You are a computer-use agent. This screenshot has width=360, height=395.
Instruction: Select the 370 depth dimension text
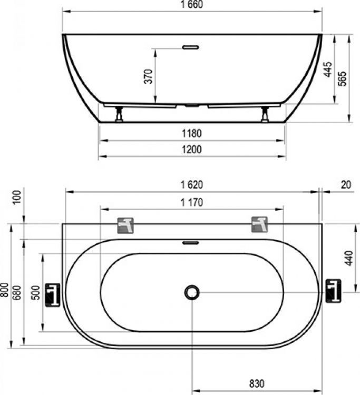click(149, 76)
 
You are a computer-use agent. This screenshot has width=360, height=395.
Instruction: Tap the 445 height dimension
click(327, 70)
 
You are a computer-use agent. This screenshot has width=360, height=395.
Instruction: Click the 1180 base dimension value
click(192, 134)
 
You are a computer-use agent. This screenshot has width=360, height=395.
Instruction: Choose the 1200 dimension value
click(192, 150)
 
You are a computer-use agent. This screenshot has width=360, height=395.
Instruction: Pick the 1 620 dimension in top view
click(192, 185)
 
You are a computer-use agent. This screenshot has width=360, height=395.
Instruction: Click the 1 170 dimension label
click(192, 202)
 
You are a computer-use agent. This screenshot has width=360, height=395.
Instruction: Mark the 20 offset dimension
click(346, 185)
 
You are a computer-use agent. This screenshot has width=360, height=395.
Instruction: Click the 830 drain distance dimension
click(256, 383)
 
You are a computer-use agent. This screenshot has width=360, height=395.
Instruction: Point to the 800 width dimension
click(5, 289)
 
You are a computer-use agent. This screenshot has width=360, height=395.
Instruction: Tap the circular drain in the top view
click(192, 292)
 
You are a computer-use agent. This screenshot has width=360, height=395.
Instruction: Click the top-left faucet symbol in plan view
click(125, 225)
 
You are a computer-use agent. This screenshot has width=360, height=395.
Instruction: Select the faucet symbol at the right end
click(333, 291)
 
